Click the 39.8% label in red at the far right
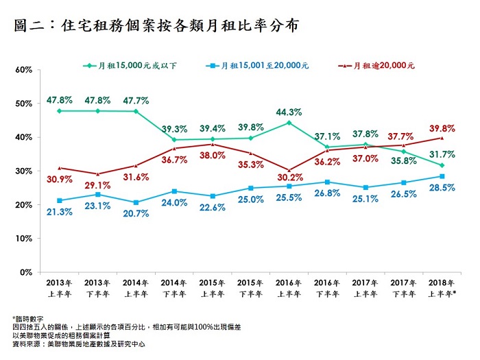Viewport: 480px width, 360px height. tap(441, 128)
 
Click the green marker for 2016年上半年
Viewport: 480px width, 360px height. tap(289, 123)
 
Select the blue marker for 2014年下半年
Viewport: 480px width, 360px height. tap(175, 191)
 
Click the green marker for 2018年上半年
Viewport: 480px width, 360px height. tap(442, 165)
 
